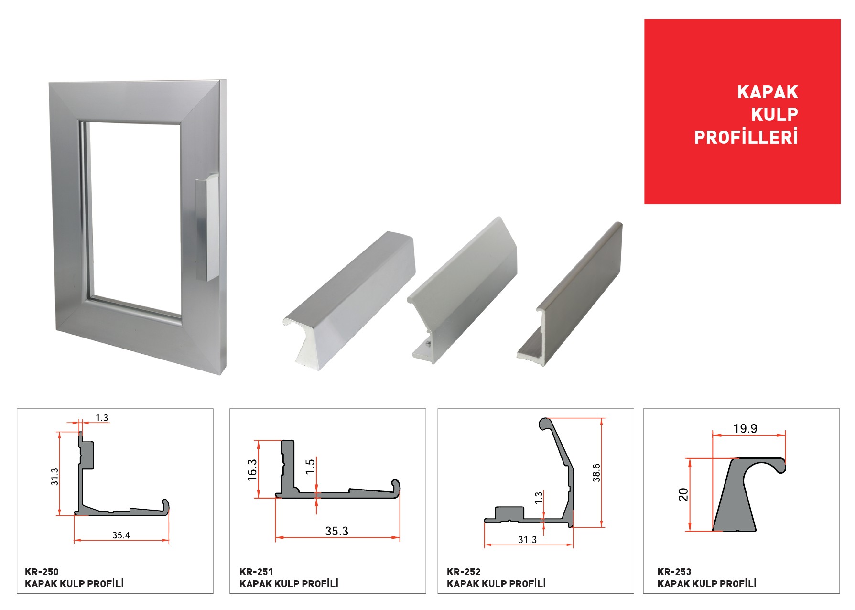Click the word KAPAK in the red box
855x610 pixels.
768,92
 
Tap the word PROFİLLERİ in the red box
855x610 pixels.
746,137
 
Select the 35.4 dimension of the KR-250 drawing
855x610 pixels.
121,535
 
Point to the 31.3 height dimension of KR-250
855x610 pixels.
54,477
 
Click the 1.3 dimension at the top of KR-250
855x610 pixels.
102,418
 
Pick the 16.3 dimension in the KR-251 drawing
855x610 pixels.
252,470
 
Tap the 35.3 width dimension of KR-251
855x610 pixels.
337,531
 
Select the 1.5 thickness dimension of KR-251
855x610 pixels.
310,466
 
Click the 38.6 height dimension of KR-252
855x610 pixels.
596,472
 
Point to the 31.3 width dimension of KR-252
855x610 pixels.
527,540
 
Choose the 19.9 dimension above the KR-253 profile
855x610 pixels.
746,429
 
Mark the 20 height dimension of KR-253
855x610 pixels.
683,494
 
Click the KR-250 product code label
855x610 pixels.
42,572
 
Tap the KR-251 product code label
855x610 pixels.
256,572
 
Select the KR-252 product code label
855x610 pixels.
464,572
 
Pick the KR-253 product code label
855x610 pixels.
674,572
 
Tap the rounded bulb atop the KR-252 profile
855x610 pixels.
545,424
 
